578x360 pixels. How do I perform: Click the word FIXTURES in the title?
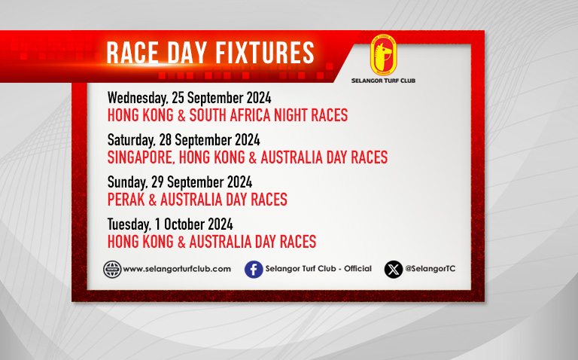coord(265,53)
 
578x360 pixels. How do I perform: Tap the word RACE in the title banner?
coord(132,53)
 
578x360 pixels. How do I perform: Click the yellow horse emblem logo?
coord(383,55)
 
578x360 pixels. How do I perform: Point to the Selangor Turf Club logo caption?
coord(383,81)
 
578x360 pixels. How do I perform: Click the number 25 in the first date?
coord(178,98)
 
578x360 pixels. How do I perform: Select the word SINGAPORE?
coord(141,157)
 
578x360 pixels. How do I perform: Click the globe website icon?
coord(112,270)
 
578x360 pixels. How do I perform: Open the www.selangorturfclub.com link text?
coord(177,269)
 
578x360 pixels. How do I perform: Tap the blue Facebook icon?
coord(254,270)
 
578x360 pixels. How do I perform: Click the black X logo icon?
coord(394,270)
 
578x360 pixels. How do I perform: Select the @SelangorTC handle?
coord(430,269)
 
